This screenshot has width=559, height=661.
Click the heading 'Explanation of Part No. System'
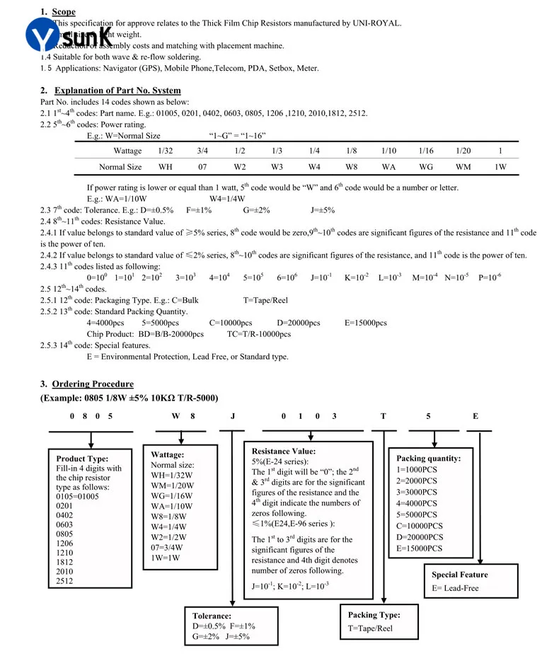tap(117, 91)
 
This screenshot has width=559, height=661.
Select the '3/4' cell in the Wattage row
tap(202, 151)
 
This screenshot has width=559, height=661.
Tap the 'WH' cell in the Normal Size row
tap(165, 168)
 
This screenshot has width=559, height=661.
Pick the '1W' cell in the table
tap(500, 168)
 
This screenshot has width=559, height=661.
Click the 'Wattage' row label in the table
tap(127, 151)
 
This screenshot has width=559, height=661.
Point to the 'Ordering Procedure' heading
tap(93, 384)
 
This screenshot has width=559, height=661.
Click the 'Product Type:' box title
tap(82, 458)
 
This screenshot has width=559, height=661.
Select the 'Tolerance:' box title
tap(212, 616)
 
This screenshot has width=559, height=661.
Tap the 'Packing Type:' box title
tap(374, 615)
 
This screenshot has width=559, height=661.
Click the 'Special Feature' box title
tap(460, 575)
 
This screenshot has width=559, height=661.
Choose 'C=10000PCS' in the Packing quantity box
tap(420, 526)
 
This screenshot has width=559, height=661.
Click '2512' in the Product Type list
tap(64, 581)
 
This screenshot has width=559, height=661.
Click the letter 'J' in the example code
tap(233, 416)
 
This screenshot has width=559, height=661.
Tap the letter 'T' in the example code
tap(384, 416)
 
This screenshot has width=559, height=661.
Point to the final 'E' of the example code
tap(476, 416)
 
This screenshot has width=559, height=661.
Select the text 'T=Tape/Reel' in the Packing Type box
tap(370, 628)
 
